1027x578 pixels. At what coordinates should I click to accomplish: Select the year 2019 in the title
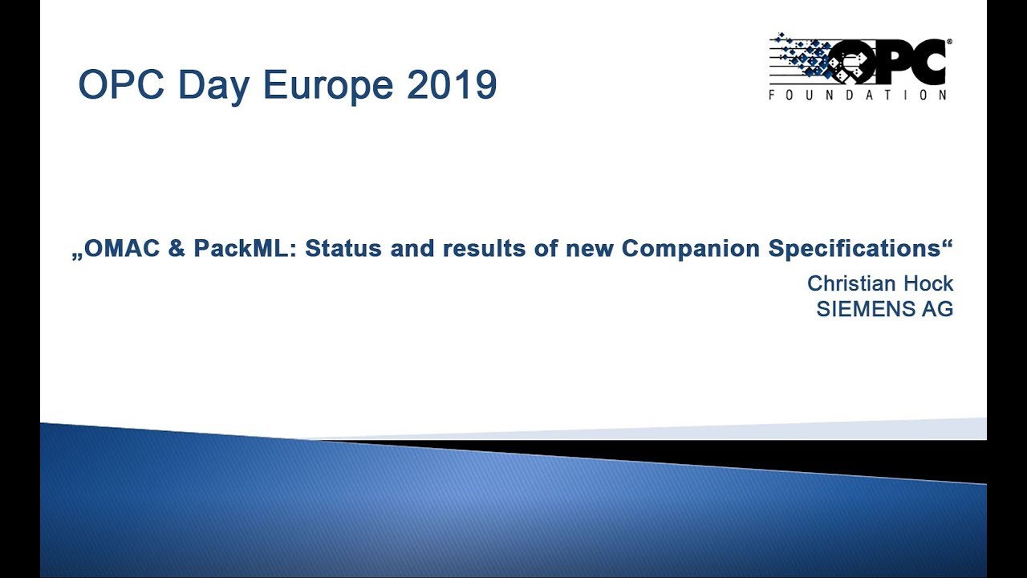(451, 85)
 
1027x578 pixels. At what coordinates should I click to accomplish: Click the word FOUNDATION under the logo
(858, 95)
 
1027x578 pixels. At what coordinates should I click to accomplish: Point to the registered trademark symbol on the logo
(949, 40)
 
